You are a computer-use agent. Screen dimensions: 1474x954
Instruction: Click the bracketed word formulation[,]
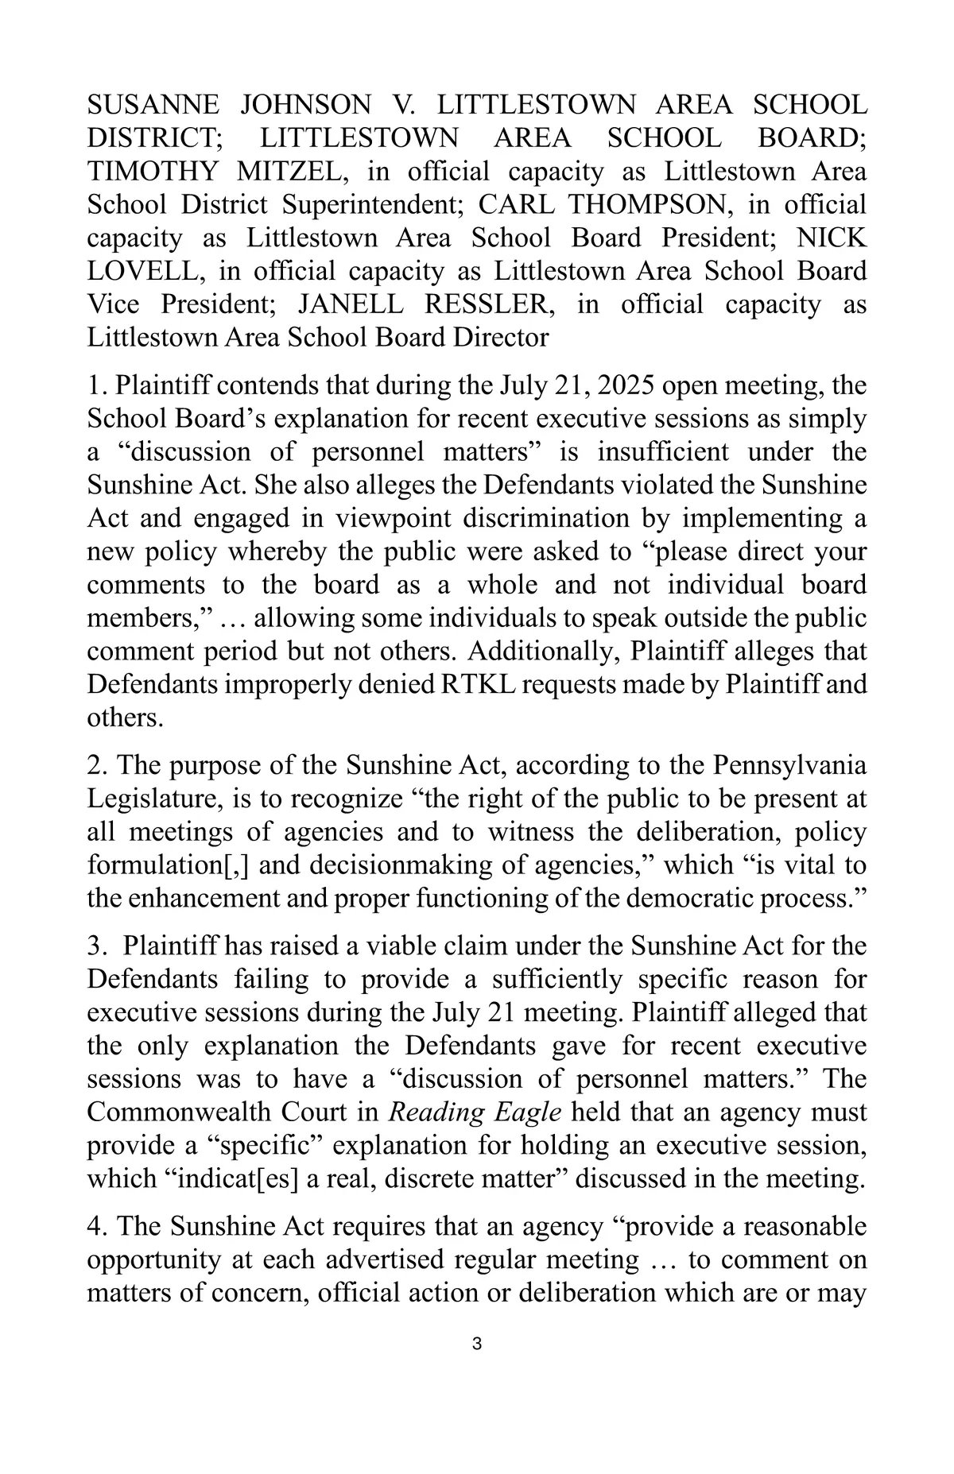pyautogui.click(x=169, y=865)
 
